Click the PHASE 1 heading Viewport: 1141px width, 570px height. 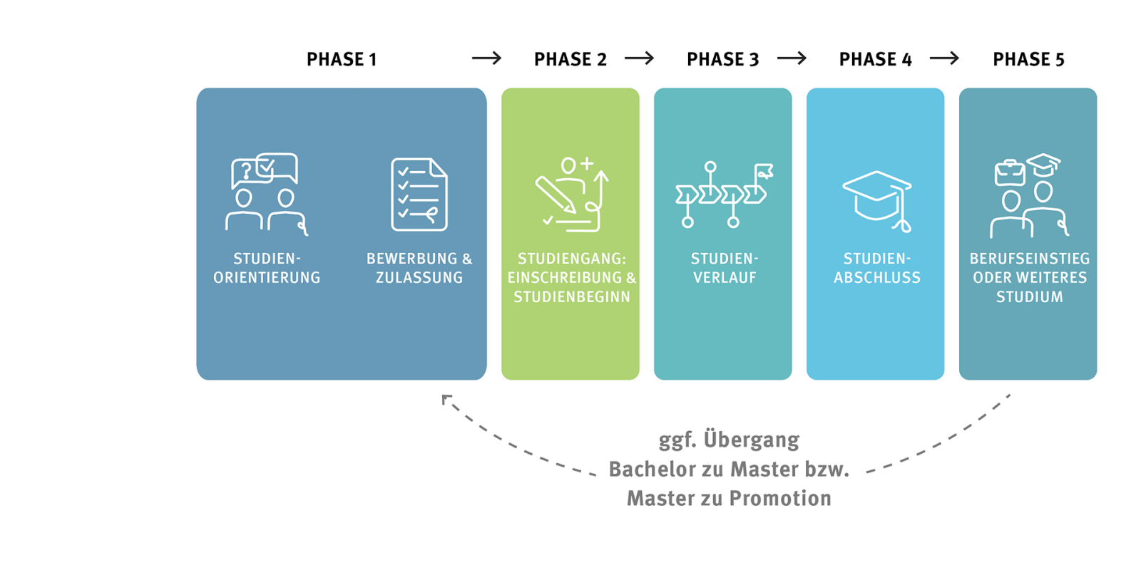(x=342, y=59)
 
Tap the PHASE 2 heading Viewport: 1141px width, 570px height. (x=570, y=59)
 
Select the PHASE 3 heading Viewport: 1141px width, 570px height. (x=722, y=59)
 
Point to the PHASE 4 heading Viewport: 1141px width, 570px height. (x=875, y=59)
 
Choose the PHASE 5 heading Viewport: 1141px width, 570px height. (x=1028, y=59)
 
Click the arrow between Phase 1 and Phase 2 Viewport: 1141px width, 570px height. (x=487, y=58)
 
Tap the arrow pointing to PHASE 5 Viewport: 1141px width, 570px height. (x=945, y=58)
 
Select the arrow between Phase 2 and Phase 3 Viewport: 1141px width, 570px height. (x=640, y=58)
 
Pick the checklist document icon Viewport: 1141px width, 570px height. (x=419, y=195)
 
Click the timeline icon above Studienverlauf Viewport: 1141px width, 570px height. (x=723, y=195)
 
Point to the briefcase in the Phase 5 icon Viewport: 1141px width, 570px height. (x=1010, y=173)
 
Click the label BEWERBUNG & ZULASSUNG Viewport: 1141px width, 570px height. (x=419, y=268)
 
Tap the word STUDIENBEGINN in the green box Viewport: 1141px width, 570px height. (x=572, y=297)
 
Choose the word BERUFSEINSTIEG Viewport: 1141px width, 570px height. (x=1029, y=259)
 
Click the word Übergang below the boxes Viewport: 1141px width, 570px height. (x=752, y=440)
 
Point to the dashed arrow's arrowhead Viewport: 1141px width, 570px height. (x=446, y=399)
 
